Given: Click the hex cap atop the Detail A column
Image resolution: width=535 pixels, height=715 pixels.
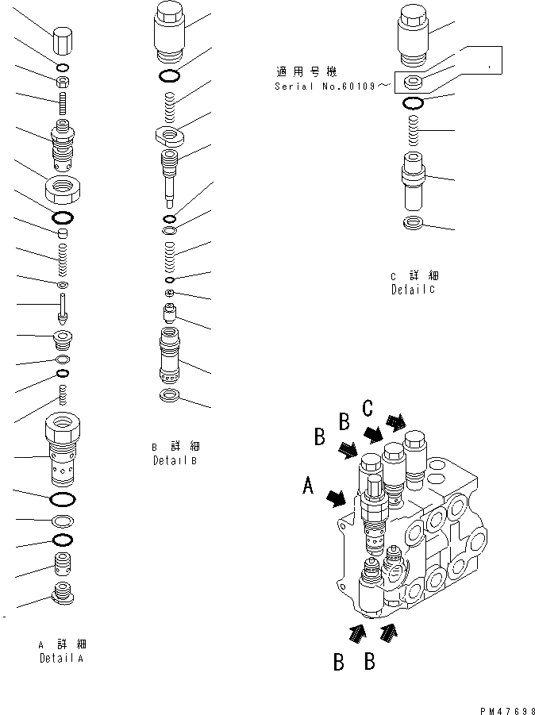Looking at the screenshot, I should tap(62, 40).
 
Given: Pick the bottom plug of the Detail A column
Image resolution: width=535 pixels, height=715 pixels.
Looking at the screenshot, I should tap(62, 592).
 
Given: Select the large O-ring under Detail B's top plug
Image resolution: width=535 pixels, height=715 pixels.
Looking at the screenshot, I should tap(168, 76).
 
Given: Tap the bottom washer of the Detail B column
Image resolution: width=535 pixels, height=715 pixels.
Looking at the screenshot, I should tap(168, 396).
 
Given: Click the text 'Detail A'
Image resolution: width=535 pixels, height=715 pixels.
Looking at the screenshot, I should tap(60, 659).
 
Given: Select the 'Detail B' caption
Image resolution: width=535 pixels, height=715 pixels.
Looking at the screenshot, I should tap(175, 460).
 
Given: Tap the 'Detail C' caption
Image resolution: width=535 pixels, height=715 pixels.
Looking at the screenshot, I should tap(414, 290).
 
